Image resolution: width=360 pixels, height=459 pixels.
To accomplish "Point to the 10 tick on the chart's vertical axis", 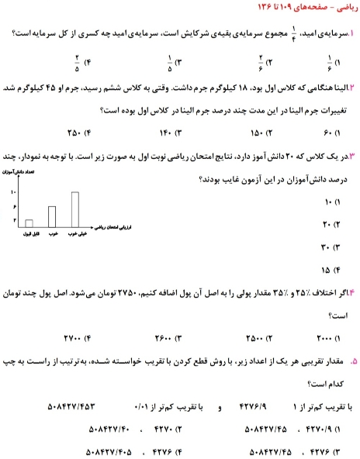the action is (13, 191).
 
